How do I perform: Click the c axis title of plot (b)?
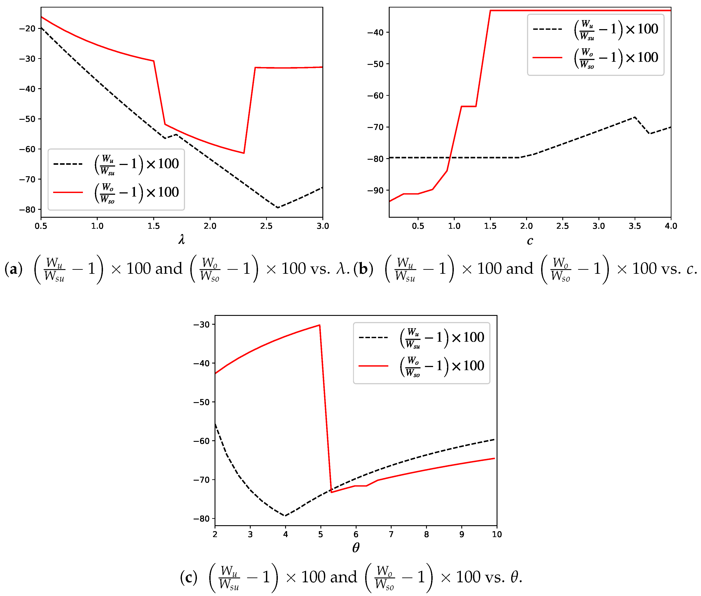(530, 241)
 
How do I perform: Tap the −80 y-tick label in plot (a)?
(27, 210)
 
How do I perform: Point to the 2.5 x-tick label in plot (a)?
(266, 226)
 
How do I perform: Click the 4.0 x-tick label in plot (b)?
(671, 226)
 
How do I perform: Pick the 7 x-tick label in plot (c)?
(391, 534)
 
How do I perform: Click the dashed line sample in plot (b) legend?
(547, 29)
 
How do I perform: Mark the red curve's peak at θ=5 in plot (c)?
(320, 325)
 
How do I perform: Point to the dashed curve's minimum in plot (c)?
(285, 516)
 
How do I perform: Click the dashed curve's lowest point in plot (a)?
(278, 207)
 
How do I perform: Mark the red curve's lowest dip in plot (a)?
(244, 153)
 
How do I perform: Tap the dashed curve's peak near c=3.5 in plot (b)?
(635, 117)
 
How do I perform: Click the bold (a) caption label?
(13, 269)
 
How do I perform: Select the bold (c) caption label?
(189, 577)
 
